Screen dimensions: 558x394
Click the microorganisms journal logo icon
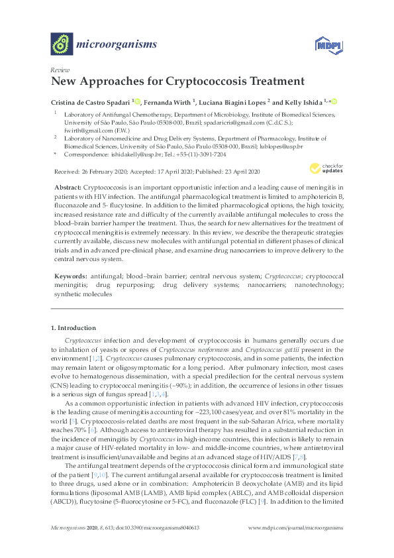pos(62,44)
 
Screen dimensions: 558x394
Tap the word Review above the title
pos(60,70)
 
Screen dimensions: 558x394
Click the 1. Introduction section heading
pos(73,328)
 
